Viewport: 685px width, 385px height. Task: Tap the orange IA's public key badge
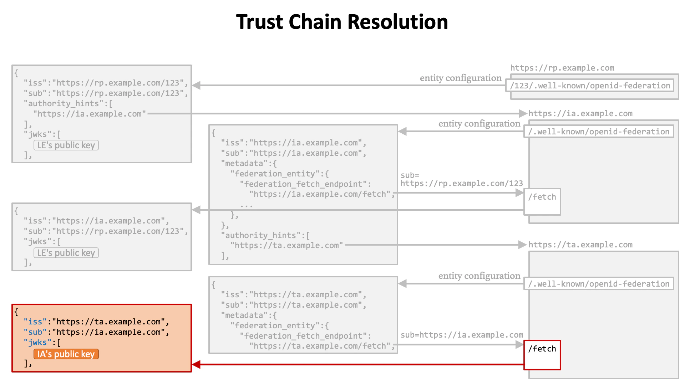66,354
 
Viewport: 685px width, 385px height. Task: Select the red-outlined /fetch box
542,355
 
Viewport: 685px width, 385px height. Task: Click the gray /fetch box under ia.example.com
542,202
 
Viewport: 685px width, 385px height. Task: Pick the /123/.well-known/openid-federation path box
590,86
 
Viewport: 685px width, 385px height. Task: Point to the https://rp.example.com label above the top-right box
562,68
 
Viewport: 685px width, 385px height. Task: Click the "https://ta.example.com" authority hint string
286,245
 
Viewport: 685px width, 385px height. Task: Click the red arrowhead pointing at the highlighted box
196,364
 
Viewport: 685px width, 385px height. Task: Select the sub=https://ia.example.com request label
462,335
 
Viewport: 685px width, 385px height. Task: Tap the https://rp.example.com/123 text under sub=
461,184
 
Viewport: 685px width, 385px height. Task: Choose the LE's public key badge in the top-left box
66,145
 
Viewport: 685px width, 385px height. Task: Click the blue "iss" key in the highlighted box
35,322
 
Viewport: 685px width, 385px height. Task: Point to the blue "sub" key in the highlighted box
35,332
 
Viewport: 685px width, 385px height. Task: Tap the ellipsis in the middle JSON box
246,205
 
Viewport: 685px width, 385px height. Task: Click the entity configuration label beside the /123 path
460,78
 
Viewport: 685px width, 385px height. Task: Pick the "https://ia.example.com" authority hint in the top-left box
89,114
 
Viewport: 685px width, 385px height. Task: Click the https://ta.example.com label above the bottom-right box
580,245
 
